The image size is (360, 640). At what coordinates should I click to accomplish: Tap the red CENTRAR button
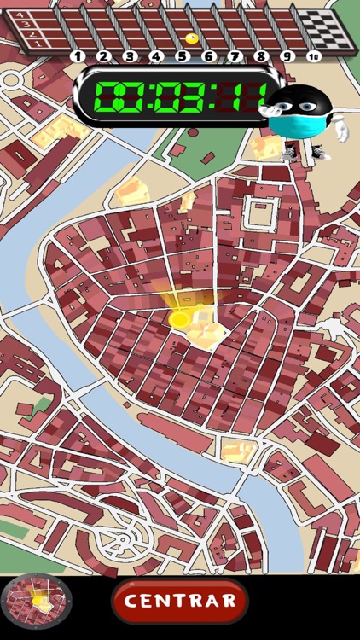point(180,601)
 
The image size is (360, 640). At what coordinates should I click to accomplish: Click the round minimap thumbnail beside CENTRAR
point(37,601)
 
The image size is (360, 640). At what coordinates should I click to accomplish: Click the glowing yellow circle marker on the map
point(180,319)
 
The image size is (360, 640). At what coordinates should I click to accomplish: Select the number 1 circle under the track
point(77,57)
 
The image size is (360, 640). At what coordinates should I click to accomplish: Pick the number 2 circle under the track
point(103,57)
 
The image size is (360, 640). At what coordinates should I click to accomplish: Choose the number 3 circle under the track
point(130,57)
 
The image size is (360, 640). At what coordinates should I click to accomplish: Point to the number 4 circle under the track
point(156,57)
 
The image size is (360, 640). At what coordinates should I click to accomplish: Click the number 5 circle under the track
point(182,57)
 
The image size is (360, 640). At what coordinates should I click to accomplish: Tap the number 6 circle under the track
point(209,57)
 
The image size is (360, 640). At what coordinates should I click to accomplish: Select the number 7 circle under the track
point(235,57)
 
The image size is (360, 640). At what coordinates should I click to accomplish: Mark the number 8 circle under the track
point(261,57)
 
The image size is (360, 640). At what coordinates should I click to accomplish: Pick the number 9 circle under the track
point(287,57)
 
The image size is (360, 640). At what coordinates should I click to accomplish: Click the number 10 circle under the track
point(314,57)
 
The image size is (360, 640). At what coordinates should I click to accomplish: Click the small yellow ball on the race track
point(191,38)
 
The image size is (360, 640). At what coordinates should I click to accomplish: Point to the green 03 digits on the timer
point(175,96)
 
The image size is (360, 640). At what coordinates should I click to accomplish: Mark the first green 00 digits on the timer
point(115,96)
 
